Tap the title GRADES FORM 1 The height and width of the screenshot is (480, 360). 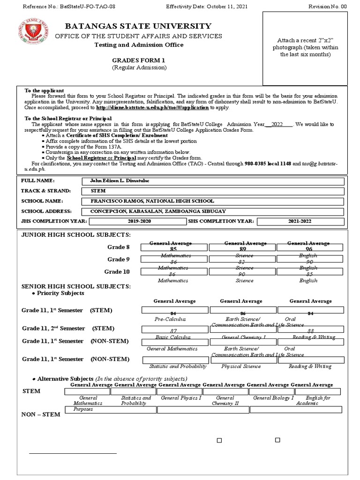click(x=138, y=60)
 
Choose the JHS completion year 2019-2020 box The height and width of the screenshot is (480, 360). click(x=140, y=221)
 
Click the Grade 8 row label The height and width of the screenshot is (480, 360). click(x=119, y=247)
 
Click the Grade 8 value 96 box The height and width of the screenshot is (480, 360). click(x=309, y=248)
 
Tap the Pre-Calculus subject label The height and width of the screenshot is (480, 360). click(x=170, y=319)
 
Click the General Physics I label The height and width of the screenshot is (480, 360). click(x=181, y=398)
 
